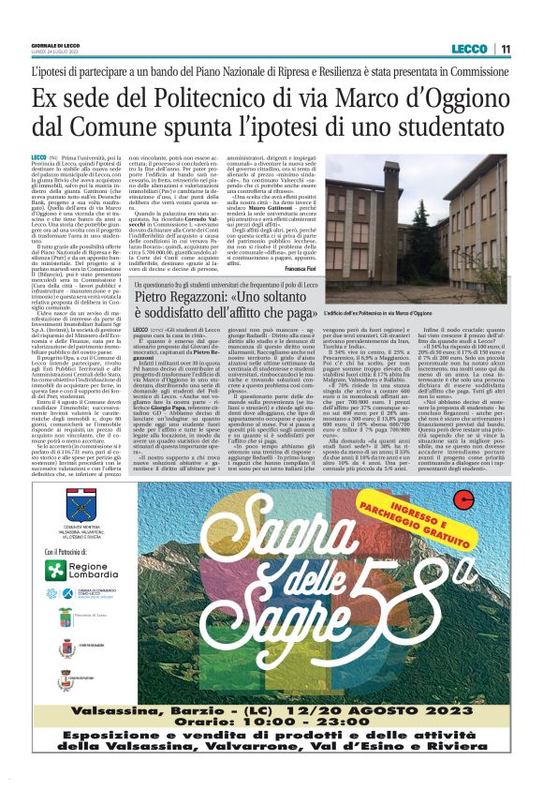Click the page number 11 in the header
click(x=505, y=49)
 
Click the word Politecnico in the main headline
click(x=198, y=97)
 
